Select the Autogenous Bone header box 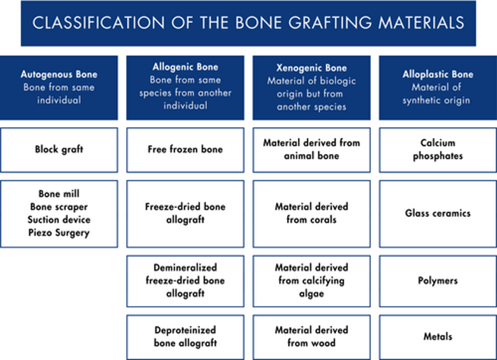(x=59, y=88)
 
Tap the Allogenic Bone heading (x=185, y=67)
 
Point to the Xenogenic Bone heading (x=312, y=68)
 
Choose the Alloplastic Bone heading (x=438, y=74)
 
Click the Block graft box (x=59, y=150)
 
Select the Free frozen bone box (x=185, y=150)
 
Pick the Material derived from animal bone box (x=312, y=150)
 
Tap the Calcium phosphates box (x=438, y=150)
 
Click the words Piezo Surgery (x=59, y=233)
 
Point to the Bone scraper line (x=59, y=207)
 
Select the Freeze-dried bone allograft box (x=185, y=214)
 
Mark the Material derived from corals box (x=312, y=214)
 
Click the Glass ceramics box (x=438, y=214)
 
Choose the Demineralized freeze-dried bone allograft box (x=185, y=281)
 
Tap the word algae (x=312, y=294)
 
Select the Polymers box (x=438, y=281)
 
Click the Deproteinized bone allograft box (x=185, y=337)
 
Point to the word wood (x=323, y=343)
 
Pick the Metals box (x=438, y=337)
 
